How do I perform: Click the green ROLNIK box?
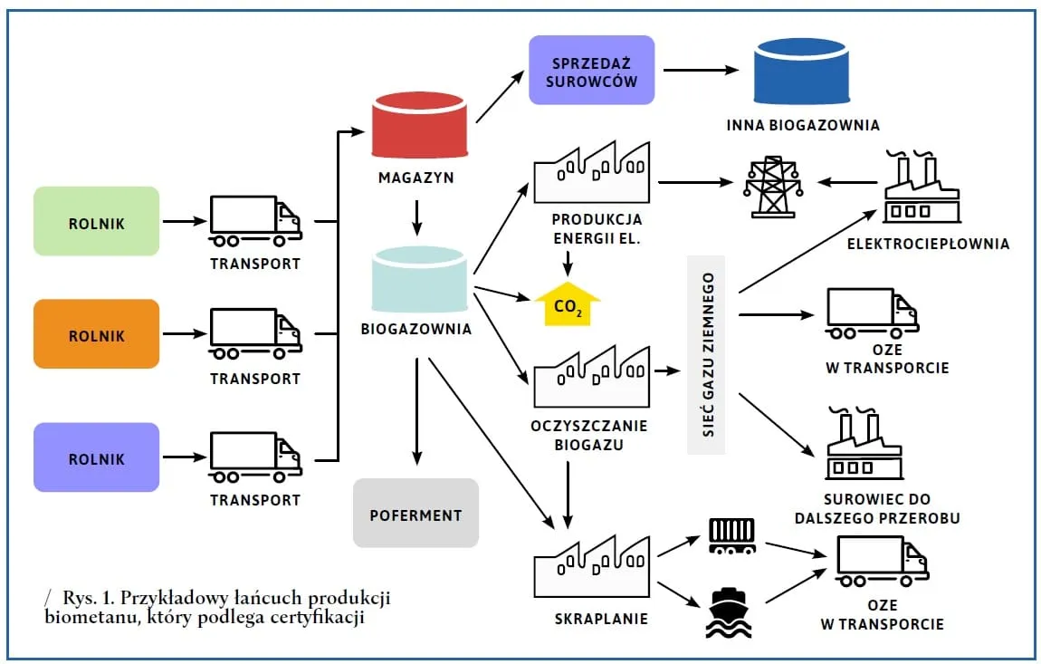pyautogui.click(x=96, y=221)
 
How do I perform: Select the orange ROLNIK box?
pyautogui.click(x=96, y=335)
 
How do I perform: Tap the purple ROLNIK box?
pyautogui.click(x=96, y=458)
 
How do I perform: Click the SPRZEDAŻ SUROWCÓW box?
pyautogui.click(x=591, y=70)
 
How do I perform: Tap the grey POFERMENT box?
pyautogui.click(x=415, y=514)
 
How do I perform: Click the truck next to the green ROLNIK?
pyautogui.click(x=255, y=221)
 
